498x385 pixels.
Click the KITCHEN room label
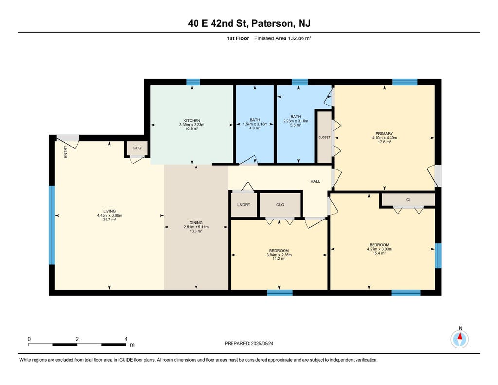192,121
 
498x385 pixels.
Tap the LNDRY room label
244,205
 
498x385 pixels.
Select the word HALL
315,181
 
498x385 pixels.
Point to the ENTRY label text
66,152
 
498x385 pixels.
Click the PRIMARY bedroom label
384,134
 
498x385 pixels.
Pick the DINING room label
196,223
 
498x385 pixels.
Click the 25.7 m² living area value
109,220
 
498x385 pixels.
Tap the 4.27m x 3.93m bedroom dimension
379,249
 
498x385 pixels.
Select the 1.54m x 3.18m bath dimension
255,124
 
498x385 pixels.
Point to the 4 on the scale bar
126,339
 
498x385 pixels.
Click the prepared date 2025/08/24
262,343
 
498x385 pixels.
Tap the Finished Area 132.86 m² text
283,38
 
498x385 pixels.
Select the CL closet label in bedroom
409,200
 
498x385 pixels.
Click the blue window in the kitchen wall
193,82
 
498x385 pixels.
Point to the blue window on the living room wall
52,225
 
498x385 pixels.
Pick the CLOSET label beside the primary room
324,137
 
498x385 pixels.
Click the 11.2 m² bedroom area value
279,259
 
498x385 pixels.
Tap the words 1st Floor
238,38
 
